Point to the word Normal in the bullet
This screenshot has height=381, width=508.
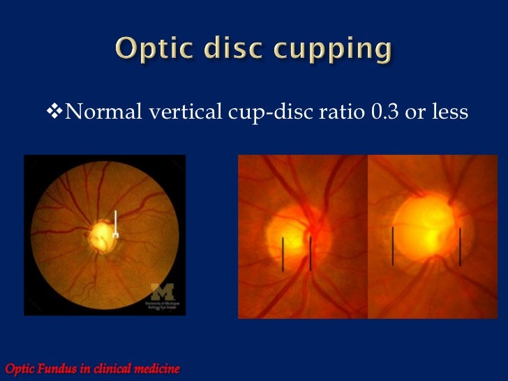[x=104, y=112]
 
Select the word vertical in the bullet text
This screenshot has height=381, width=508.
[x=181, y=112]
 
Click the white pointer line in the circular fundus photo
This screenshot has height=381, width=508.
[x=116, y=223]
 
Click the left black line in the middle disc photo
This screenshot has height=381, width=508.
[x=283, y=254]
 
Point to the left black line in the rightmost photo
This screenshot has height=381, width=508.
[x=393, y=246]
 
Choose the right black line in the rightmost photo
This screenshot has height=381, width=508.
[x=461, y=246]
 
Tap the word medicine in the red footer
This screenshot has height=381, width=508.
[x=154, y=367]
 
